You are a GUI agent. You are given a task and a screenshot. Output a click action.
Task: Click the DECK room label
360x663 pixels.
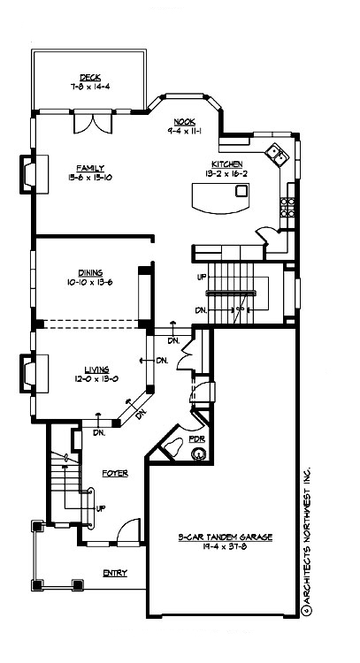tap(88, 77)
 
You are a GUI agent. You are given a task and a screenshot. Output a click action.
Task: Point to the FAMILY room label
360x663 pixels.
tap(90, 167)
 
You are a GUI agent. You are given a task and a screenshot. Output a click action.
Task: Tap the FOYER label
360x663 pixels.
tap(115, 473)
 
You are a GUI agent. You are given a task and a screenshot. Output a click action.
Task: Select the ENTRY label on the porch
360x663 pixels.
tap(114, 572)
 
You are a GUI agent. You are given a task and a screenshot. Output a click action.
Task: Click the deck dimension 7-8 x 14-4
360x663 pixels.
tap(88, 87)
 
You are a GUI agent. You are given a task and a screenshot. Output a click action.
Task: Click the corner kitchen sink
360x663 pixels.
tap(280, 154)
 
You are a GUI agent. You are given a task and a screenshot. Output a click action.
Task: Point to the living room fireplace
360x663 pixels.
tap(28, 372)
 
